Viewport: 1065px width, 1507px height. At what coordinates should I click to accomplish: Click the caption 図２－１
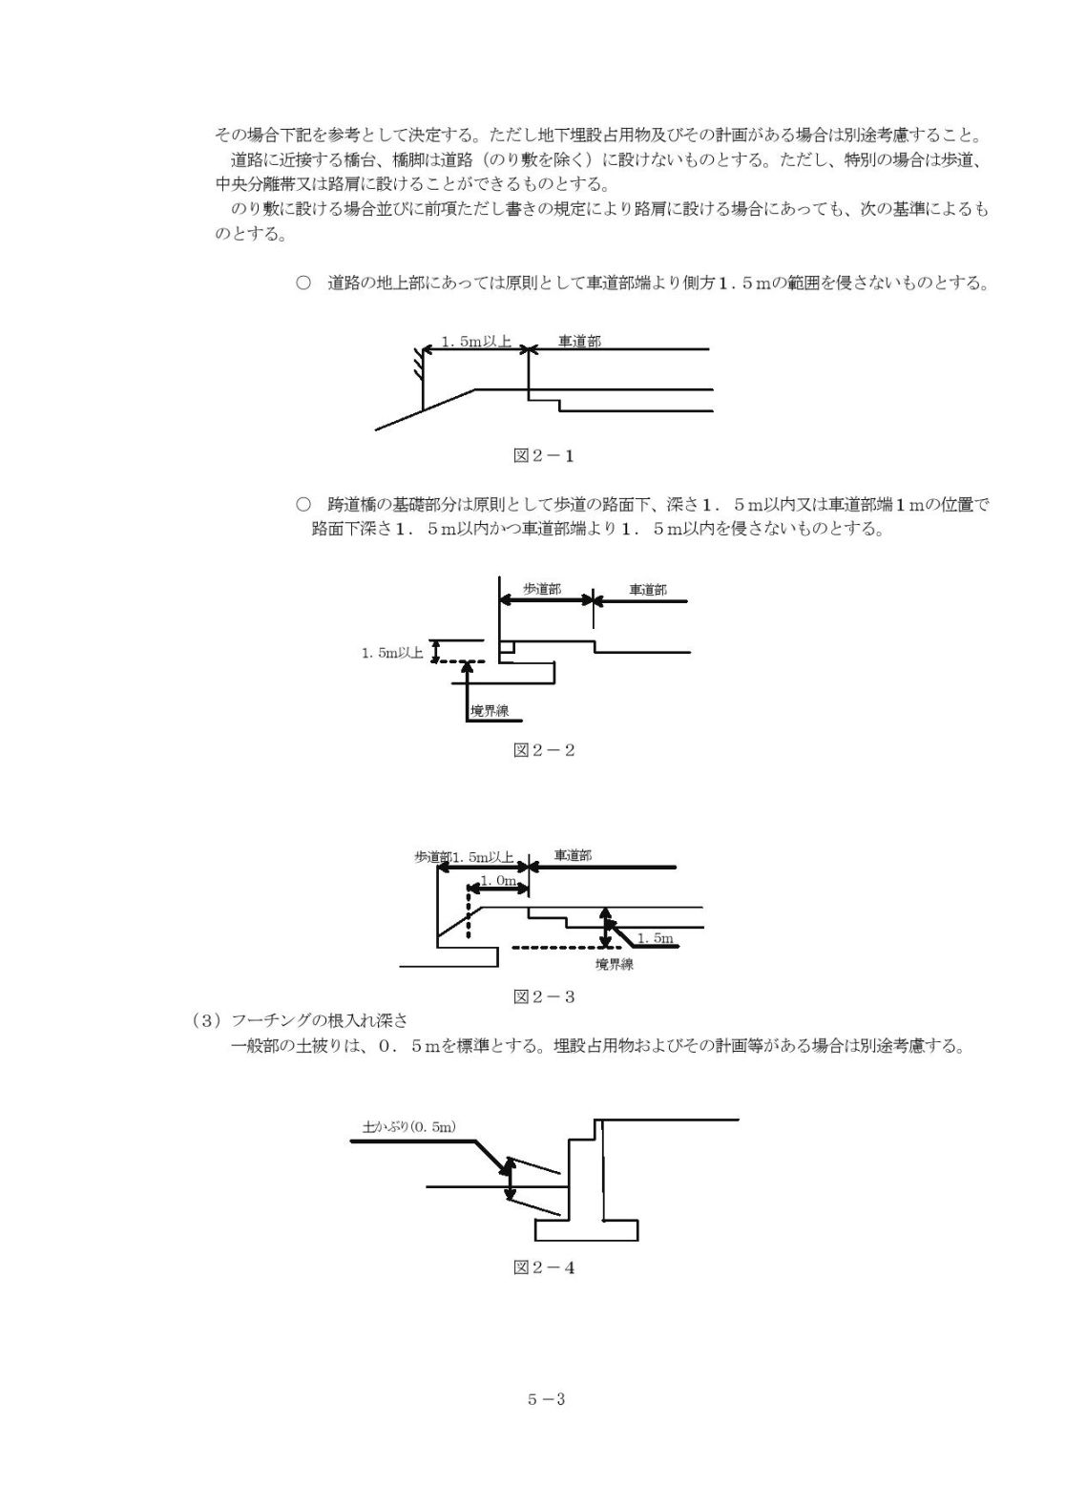(x=544, y=456)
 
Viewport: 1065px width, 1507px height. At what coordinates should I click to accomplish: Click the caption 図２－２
(x=544, y=750)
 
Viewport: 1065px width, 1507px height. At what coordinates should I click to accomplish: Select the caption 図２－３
(x=544, y=997)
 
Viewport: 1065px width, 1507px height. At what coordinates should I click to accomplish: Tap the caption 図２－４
(x=544, y=1268)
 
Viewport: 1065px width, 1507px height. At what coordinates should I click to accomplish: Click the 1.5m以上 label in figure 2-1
(x=476, y=342)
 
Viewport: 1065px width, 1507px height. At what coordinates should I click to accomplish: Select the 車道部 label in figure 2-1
(x=579, y=341)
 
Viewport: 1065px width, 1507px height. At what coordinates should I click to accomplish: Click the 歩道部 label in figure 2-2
(x=542, y=590)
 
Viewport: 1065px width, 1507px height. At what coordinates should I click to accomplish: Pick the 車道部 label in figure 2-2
(x=648, y=590)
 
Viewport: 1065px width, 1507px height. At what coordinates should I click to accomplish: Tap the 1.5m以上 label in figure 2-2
(x=392, y=653)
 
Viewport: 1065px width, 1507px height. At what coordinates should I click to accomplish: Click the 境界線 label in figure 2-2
(x=490, y=710)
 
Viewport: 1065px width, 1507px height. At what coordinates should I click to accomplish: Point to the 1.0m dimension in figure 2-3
(x=498, y=881)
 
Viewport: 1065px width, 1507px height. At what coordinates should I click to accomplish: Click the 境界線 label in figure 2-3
(x=615, y=964)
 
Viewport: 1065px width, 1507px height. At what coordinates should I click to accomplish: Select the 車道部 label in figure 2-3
(x=574, y=855)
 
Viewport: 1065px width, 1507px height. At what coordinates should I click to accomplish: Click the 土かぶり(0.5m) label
(x=409, y=1126)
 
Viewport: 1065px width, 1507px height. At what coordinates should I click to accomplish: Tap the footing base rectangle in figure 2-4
(x=587, y=1230)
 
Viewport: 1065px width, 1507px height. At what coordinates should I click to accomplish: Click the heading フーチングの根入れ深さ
(x=320, y=1020)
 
